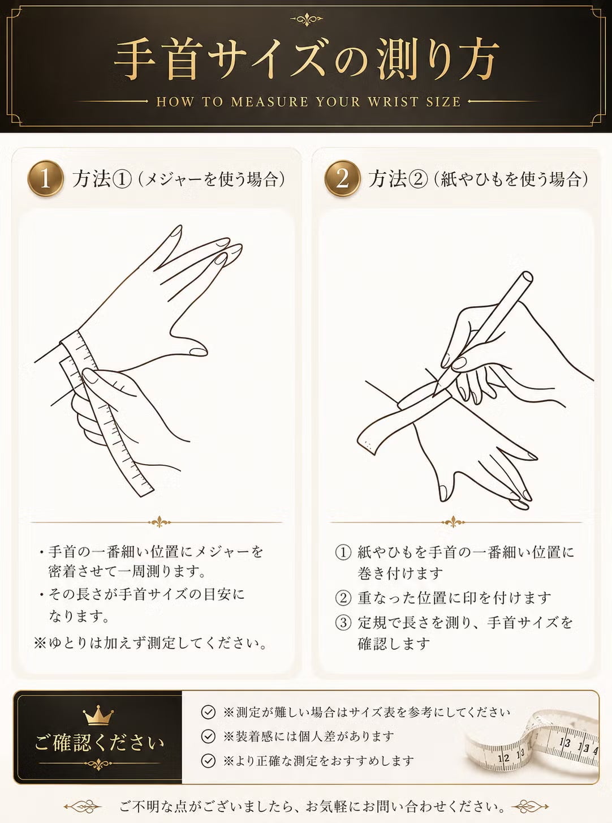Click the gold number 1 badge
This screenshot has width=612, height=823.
coord(45,178)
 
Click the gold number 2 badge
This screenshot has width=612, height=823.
coord(342,178)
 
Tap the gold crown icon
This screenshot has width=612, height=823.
coord(98,715)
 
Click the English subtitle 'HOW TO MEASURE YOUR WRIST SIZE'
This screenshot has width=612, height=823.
coord(308,101)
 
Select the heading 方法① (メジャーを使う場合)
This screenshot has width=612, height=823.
coord(178,179)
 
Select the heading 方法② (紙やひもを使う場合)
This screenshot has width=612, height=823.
coord(478,179)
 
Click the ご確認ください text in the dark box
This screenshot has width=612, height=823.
coord(99,744)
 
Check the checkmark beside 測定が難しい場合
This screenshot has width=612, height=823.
coord(208,712)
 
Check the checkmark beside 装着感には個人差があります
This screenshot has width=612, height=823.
coord(208,736)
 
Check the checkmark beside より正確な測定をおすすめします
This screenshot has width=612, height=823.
coord(208,761)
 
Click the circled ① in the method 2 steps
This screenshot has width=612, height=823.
coord(343,552)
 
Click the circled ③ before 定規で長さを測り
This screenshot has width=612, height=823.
coord(343,622)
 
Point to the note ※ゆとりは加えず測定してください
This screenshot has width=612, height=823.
coord(150,643)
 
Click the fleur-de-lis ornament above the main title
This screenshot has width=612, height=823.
coord(307,19)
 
